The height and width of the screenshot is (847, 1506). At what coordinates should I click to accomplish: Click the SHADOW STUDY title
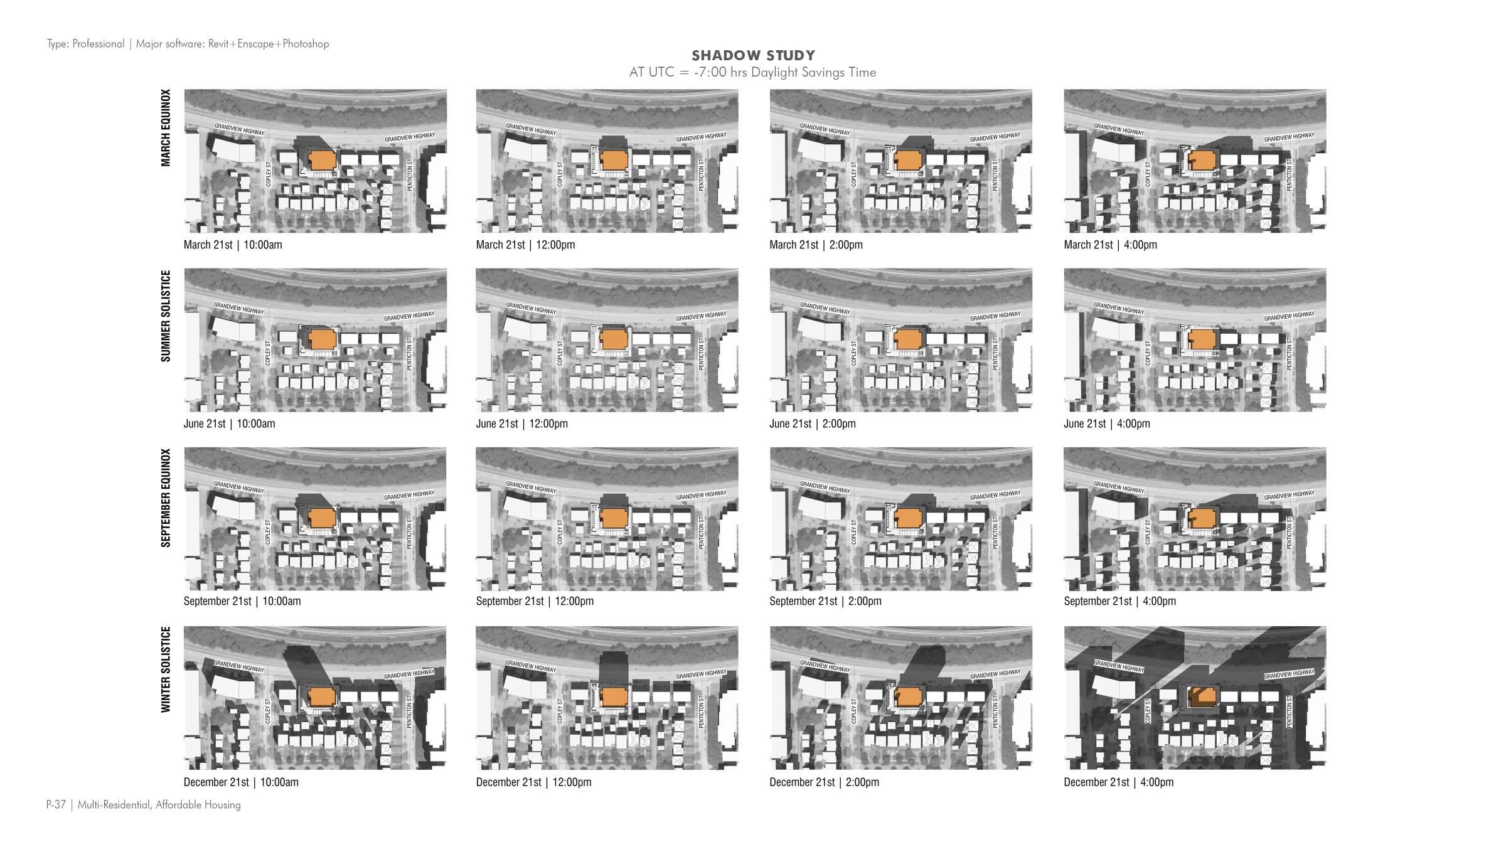tap(753, 55)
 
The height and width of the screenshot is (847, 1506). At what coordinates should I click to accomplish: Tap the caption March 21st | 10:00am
tap(233, 245)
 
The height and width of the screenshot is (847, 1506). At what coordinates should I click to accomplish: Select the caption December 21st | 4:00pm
tap(1118, 782)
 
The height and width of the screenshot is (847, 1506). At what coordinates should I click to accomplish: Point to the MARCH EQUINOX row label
tap(166, 128)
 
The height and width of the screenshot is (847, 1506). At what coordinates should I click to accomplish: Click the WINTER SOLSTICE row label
tap(166, 669)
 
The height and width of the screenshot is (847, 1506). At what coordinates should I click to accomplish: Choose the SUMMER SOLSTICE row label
tap(166, 316)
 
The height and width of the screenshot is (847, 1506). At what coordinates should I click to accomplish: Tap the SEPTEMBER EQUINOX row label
tap(166, 498)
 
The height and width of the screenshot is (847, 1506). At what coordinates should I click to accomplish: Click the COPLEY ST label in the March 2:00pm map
tap(853, 174)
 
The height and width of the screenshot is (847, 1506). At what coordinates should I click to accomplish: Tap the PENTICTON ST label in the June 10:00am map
tap(409, 353)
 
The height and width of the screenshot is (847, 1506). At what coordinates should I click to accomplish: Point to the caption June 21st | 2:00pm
tap(812, 424)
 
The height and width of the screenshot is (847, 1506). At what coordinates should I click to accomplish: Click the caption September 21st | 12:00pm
tap(535, 601)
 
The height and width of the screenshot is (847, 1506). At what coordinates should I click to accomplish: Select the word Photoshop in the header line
tap(306, 44)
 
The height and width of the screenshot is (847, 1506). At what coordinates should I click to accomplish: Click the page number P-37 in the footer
tap(56, 805)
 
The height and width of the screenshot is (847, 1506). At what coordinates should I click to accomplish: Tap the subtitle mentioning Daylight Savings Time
tap(752, 73)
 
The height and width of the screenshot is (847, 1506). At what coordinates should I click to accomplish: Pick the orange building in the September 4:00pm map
tap(1202, 518)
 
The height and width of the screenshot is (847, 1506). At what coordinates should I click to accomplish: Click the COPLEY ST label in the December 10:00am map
tap(268, 711)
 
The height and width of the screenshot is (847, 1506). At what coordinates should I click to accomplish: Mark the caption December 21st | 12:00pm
tap(533, 782)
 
